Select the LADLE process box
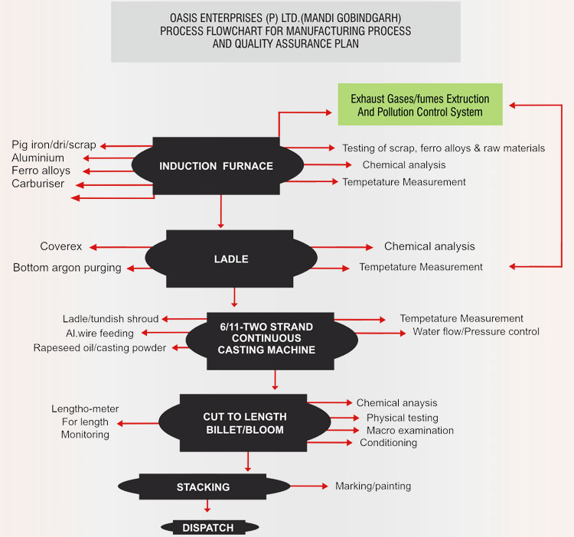point(230,259)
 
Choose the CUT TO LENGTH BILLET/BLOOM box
point(245,423)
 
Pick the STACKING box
point(203,487)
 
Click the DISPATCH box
point(207,528)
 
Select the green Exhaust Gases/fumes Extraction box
point(420,106)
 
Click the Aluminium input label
point(39,158)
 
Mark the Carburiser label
point(38,184)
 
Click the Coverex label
point(61,246)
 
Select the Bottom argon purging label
point(67,267)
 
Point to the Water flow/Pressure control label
point(476,331)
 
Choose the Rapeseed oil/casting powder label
point(99,348)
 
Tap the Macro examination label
point(409,431)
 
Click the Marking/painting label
point(373,486)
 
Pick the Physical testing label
point(402,418)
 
